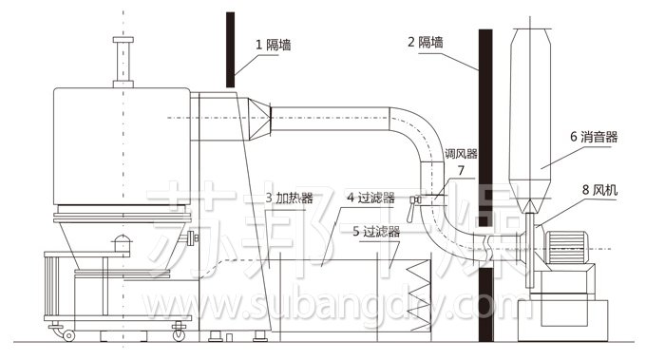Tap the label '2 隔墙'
(x=426, y=42)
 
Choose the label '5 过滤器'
(x=375, y=230)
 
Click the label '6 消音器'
(x=594, y=137)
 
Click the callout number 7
(x=461, y=171)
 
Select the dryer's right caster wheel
(x=178, y=332)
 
